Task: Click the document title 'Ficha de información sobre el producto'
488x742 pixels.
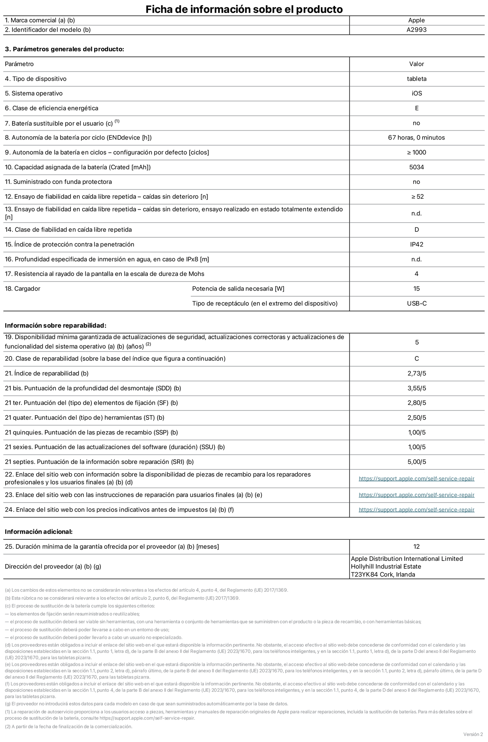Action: (x=244, y=9)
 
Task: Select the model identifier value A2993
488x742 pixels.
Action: (x=416, y=30)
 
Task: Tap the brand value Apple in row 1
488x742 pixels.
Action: (x=416, y=20)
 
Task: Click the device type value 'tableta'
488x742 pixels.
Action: (x=416, y=79)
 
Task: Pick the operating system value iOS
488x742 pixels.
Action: (x=416, y=93)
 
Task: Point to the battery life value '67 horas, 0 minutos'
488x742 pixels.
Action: (x=416, y=138)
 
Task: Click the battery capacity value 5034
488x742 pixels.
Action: (x=416, y=167)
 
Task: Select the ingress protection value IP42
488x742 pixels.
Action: (x=416, y=244)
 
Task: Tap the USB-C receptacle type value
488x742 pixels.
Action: (x=416, y=303)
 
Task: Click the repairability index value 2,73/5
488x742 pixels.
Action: (x=416, y=374)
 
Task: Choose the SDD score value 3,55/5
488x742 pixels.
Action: (x=416, y=388)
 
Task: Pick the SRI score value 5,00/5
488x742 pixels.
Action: (x=416, y=462)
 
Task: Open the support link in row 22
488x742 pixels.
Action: (x=416, y=479)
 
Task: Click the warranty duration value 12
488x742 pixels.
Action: (x=416, y=547)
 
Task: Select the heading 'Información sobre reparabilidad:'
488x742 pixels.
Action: (x=55, y=325)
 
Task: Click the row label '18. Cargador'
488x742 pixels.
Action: (x=22, y=289)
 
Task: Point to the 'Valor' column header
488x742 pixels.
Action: (x=416, y=64)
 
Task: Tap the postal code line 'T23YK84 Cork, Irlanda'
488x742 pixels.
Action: (x=383, y=574)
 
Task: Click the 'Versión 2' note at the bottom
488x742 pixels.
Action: (x=473, y=734)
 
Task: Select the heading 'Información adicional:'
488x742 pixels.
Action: (x=39, y=532)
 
